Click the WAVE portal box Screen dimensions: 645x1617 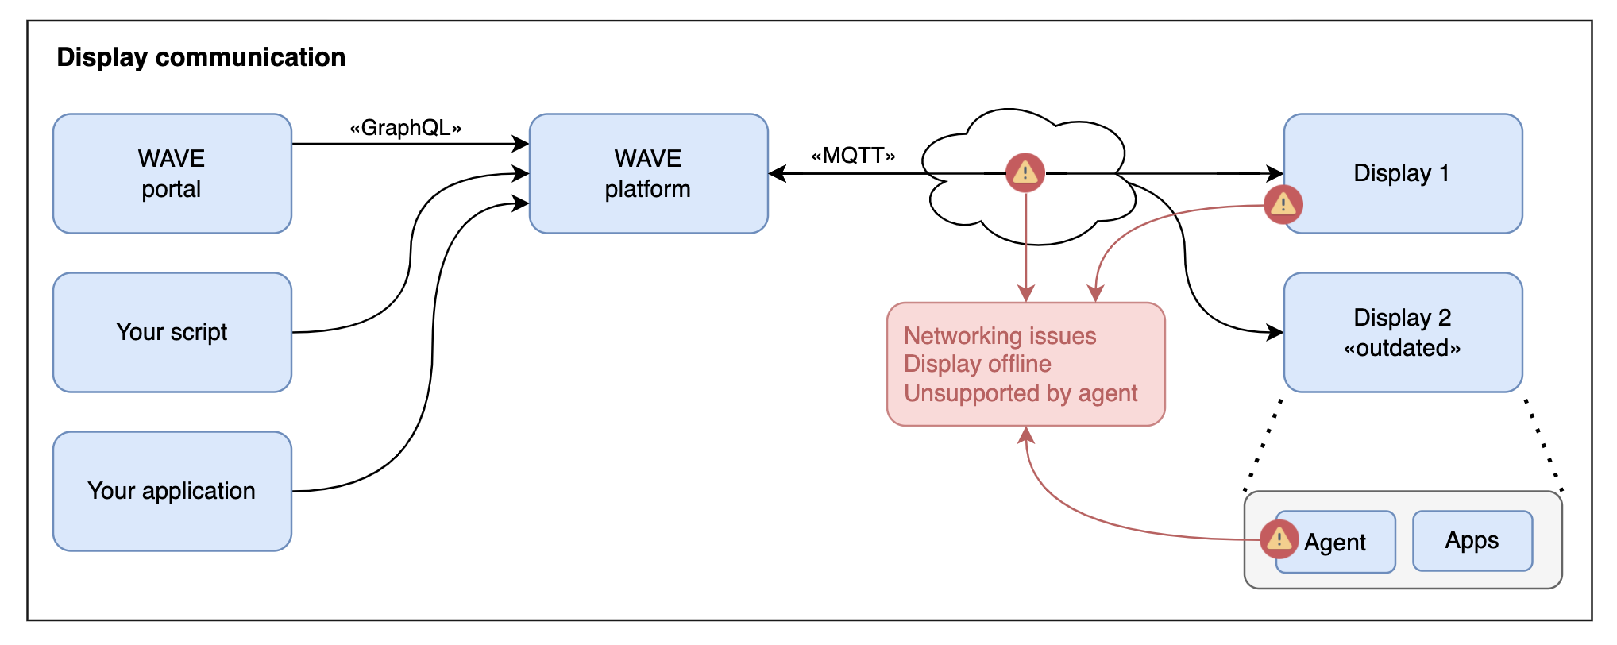coord(172,173)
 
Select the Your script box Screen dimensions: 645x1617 coord(172,332)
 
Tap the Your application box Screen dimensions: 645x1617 coord(172,491)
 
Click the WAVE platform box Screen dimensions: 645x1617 coord(648,173)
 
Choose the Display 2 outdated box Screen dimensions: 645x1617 coord(1403,332)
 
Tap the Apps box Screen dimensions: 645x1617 coord(1472,541)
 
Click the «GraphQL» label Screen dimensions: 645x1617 coord(406,128)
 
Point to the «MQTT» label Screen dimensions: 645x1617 coord(854,156)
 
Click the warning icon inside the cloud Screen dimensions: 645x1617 coord(1025,172)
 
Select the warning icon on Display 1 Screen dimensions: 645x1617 coord(1283,205)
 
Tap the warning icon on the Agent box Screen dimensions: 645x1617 coord(1279,539)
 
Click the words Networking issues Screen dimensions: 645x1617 coord(999,336)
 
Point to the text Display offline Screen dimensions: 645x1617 coord(977,364)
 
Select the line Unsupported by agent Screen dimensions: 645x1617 coord(1021,393)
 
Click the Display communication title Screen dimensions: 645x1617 coord(201,57)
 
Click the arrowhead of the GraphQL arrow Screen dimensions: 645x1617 coord(522,144)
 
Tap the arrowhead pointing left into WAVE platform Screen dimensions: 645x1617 coord(777,173)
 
